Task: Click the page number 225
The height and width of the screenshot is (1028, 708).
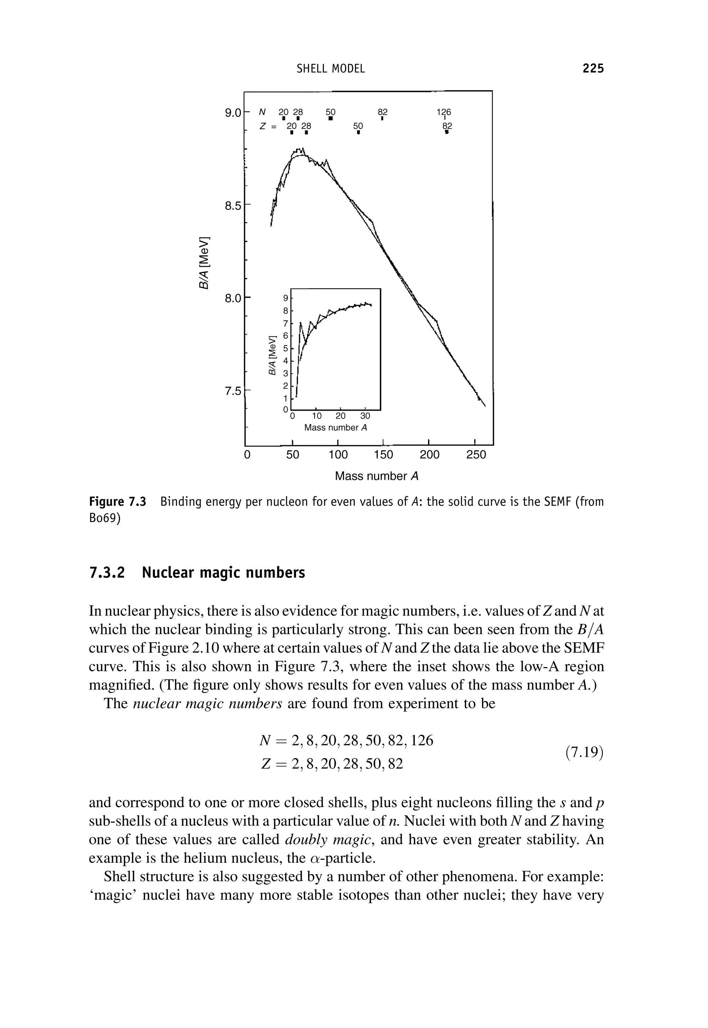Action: (x=593, y=68)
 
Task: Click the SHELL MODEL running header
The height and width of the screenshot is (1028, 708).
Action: (x=331, y=69)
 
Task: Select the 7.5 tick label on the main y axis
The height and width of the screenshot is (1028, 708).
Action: (x=234, y=391)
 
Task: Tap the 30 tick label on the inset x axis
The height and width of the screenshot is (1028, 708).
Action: (x=365, y=417)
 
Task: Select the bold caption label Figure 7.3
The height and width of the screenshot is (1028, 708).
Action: (x=118, y=502)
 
